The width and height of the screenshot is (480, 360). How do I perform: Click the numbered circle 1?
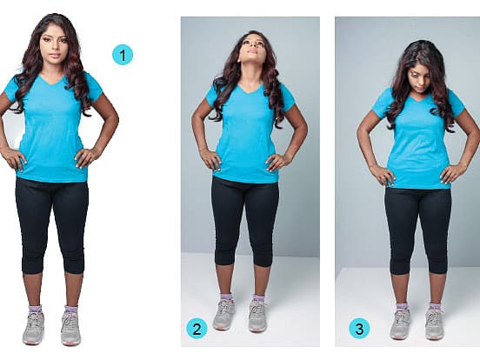pos(123,56)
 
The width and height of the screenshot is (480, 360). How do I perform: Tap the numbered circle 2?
pos(197,329)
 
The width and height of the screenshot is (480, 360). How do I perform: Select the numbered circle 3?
pos(359,329)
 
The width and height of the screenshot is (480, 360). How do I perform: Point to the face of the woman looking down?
pos(419,80)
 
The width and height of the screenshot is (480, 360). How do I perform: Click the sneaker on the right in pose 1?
pos(70,327)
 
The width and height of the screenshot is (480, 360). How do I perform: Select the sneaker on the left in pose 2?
pos(223,314)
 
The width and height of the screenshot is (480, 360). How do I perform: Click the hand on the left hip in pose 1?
pos(15,158)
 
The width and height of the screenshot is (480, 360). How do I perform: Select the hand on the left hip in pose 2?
pos(210,159)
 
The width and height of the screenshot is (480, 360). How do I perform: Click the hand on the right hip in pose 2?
pos(277,162)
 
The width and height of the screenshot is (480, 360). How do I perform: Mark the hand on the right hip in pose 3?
pos(451,174)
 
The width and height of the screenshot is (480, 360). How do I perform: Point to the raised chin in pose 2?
pos(252,59)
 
